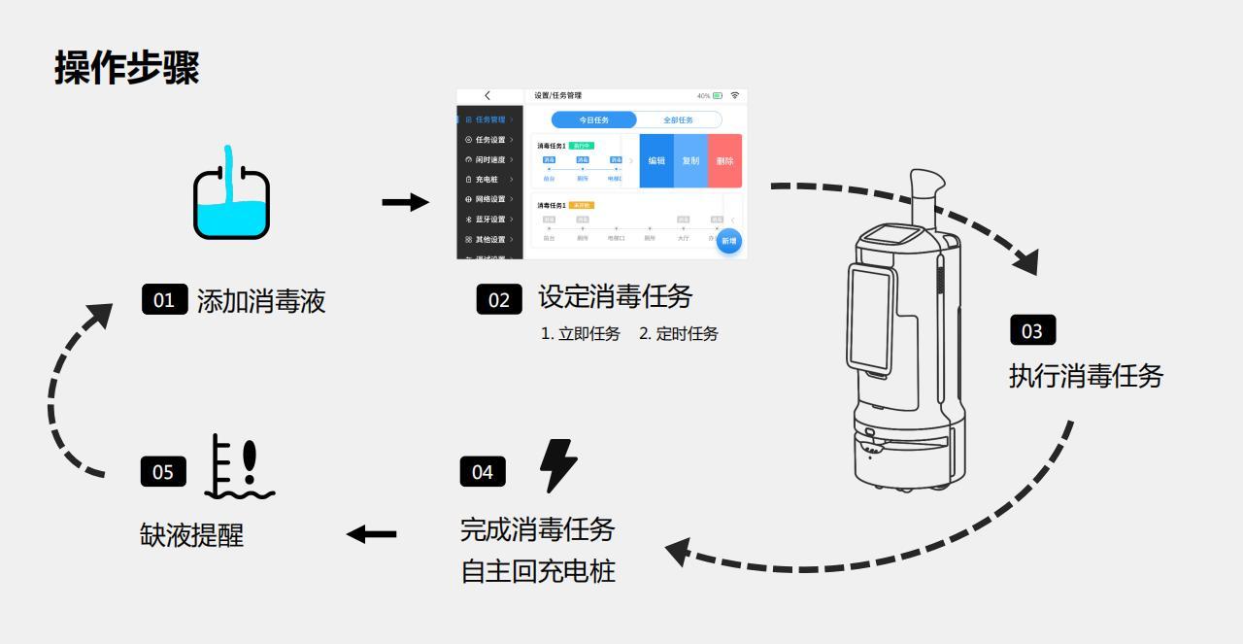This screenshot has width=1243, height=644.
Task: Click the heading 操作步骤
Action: pos(127,68)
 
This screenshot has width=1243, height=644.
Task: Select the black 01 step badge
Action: pos(163,299)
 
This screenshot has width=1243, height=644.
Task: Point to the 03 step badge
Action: pos(1031,330)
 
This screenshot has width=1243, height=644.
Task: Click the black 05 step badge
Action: pos(162,471)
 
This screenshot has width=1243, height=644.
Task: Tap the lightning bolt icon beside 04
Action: pos(557,465)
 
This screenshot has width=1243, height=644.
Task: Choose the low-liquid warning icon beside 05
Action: pos(239,467)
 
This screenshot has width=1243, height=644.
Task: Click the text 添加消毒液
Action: pos(261,301)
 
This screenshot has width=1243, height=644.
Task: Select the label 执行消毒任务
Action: pos(1086,376)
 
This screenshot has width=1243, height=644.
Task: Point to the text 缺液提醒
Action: pos(191,534)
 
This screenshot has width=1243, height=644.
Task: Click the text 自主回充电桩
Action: pos(538,571)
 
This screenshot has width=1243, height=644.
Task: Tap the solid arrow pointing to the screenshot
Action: pos(405,202)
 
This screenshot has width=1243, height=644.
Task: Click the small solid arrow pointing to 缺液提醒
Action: pos(372,533)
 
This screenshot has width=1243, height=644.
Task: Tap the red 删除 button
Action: pos(724,161)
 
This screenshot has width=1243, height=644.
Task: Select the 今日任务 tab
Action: pos(593,119)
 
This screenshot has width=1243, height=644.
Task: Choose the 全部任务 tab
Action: pos(678,119)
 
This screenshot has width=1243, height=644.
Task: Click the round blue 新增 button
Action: pos(728,240)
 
